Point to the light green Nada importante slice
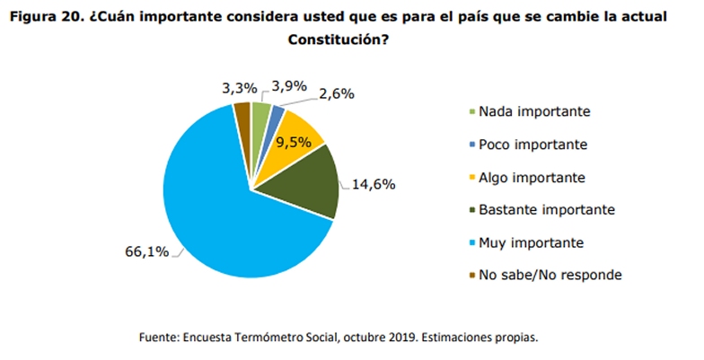pyautogui.click(x=260, y=115)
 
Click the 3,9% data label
pyautogui.click(x=289, y=86)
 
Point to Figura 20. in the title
pyautogui.click(x=46, y=18)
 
